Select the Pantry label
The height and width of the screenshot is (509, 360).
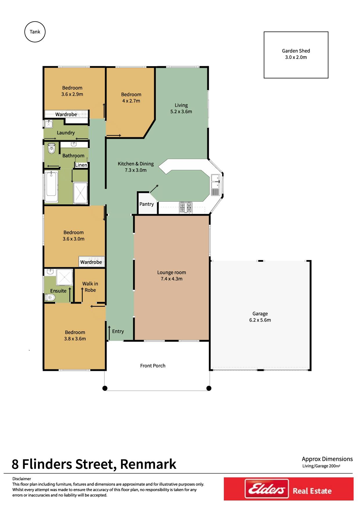(x=147, y=204)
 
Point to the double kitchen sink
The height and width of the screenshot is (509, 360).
(x=215, y=181)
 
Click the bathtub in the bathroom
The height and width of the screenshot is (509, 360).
(x=51, y=187)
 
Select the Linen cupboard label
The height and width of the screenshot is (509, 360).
(x=81, y=165)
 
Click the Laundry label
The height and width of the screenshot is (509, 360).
(x=66, y=133)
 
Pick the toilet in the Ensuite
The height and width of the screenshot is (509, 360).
(x=50, y=297)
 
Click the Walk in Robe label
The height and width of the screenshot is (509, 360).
(x=90, y=287)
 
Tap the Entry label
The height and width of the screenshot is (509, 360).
(x=118, y=331)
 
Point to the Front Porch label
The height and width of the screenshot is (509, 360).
(x=153, y=366)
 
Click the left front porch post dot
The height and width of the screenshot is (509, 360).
(x=105, y=388)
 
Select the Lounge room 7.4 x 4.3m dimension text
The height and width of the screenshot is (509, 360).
(x=172, y=279)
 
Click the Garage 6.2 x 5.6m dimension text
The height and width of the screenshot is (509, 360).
(x=260, y=320)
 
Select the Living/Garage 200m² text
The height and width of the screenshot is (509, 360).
(x=321, y=466)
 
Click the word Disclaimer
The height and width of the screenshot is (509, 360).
(x=21, y=479)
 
